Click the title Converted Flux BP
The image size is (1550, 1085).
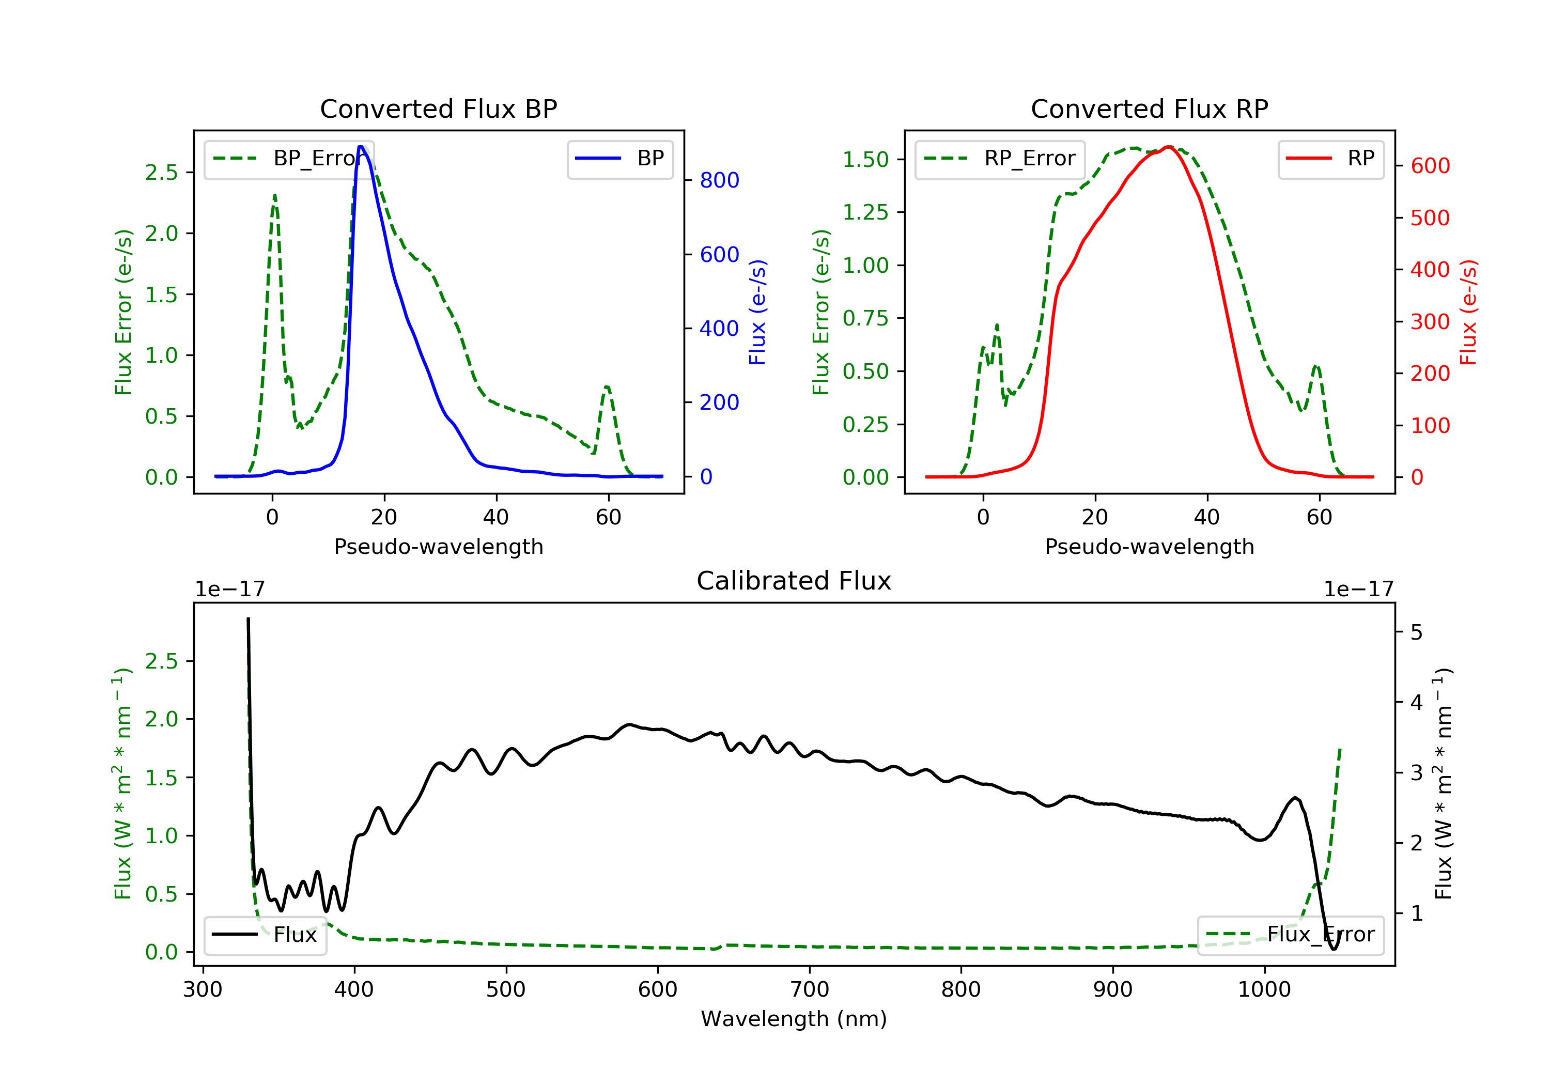438,109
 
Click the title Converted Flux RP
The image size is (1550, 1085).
1149,109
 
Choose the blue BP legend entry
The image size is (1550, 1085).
619,159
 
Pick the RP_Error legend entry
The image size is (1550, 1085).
1000,159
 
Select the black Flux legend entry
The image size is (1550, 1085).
266,935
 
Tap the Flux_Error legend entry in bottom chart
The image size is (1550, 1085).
1290,935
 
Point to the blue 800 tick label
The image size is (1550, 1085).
719,180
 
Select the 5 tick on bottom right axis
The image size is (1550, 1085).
1416,632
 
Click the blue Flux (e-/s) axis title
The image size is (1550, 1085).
757,312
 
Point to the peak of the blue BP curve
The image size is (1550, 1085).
361,147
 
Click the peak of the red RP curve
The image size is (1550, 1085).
1169,147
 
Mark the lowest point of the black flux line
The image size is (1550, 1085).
1334,949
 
